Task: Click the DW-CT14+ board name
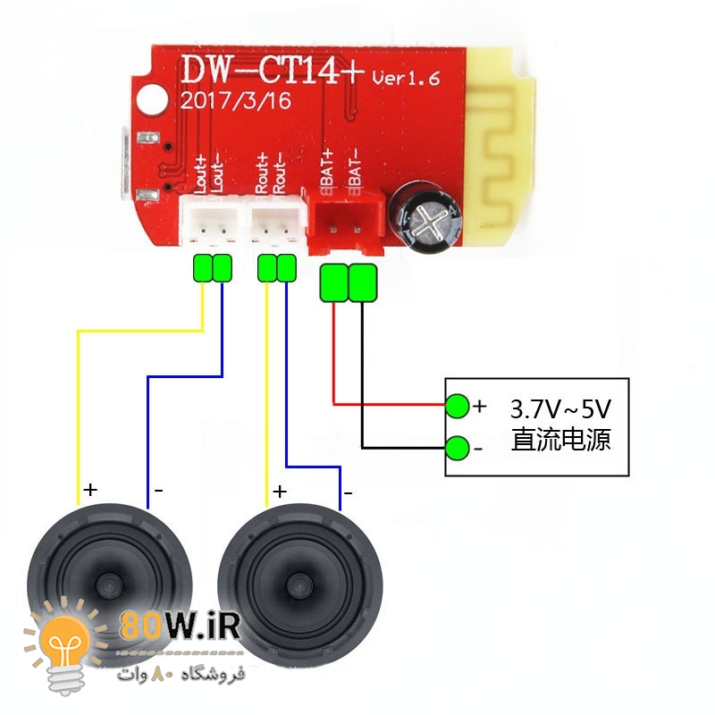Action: click(273, 71)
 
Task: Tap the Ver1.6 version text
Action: click(406, 78)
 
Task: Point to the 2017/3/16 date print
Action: click(236, 101)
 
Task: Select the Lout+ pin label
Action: click(200, 173)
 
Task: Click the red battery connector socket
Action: click(345, 222)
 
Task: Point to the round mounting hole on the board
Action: click(152, 101)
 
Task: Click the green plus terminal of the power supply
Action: click(457, 406)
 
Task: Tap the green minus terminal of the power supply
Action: click(457, 448)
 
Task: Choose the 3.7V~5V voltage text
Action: click(560, 409)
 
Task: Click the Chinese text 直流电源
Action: click(560, 439)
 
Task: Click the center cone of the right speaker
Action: click(299, 585)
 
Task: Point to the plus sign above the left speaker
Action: click(90, 490)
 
